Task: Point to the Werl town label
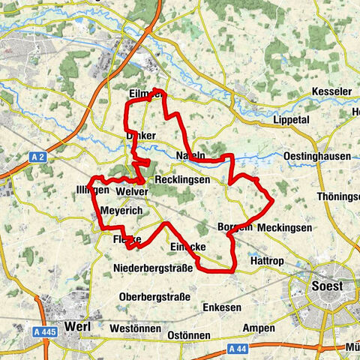click(78, 326)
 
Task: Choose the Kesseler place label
click(331, 91)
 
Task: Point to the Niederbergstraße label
click(153, 268)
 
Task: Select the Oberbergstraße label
click(154, 296)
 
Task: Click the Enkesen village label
click(221, 308)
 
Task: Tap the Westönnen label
click(135, 328)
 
